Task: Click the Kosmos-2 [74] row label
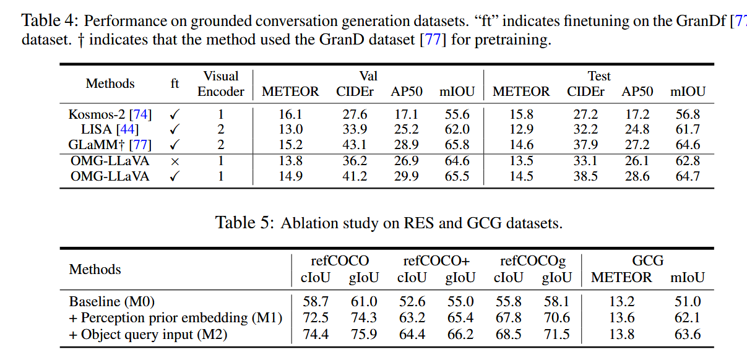pos(110,114)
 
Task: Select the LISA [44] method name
pos(110,130)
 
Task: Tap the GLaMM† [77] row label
pos(110,145)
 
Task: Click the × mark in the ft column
pos(175,161)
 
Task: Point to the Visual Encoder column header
pos(221,84)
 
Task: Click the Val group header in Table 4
pos(368,76)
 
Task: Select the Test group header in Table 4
pos(599,76)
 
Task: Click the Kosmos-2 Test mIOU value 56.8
pos(688,114)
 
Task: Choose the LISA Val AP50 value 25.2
pos(407,130)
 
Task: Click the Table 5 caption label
pos(244,223)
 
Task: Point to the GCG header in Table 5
pos(648,261)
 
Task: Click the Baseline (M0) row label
pos(111,302)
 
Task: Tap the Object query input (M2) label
pos(149,335)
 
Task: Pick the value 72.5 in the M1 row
pos(316,318)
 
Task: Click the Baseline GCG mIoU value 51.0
pos(688,302)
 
